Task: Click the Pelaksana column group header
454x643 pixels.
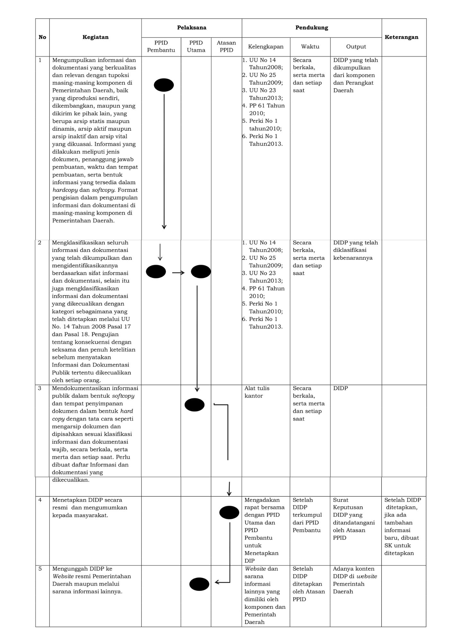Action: pyautogui.click(x=192, y=28)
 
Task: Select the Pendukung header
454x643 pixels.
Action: pyautogui.click(x=311, y=28)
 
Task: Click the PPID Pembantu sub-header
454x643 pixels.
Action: pyautogui.click(x=161, y=46)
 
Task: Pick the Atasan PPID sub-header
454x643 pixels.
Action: pyautogui.click(x=226, y=46)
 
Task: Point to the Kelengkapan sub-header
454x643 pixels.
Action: pyautogui.click(x=266, y=47)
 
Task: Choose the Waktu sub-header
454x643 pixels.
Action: pyautogui.click(x=310, y=47)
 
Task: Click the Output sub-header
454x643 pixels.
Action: pyautogui.click(x=356, y=47)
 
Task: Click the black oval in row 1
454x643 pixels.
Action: pyautogui.click(x=164, y=85)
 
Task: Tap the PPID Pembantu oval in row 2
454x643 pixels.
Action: pyautogui.click(x=156, y=272)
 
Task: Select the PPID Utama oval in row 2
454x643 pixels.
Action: pyautogui.click(x=201, y=272)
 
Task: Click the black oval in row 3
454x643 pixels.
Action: pyautogui.click(x=195, y=405)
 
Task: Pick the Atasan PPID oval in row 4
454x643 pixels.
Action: pyautogui.click(x=229, y=512)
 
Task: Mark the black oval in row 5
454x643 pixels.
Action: pyautogui.click(x=199, y=584)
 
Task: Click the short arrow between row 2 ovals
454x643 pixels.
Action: pyautogui.click(x=178, y=273)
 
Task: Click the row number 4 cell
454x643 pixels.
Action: pyautogui.click(x=40, y=500)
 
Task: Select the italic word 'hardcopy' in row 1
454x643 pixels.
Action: pyautogui.click(x=65, y=190)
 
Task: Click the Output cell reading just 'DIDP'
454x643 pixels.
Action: pyautogui.click(x=341, y=388)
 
